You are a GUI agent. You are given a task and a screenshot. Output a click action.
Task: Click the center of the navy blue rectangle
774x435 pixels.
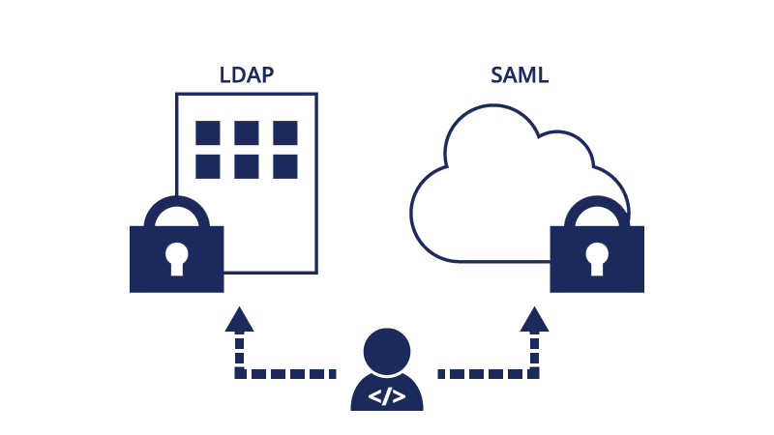pyautogui.click(x=387, y=238)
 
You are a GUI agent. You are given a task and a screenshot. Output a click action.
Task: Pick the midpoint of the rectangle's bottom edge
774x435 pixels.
pyautogui.click(x=387, y=409)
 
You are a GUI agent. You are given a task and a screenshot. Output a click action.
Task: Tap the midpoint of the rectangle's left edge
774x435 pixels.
pyautogui.click(x=131, y=238)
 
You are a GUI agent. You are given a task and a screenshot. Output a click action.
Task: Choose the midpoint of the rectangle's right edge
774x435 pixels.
pyautogui.click(x=642, y=238)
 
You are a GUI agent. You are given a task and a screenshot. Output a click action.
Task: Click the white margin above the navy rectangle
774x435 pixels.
pyautogui.click(x=387, y=32)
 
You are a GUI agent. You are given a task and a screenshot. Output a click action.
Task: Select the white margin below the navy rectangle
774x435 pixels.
pyautogui.click(x=387, y=423)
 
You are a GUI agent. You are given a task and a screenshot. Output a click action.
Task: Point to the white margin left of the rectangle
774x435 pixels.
pyautogui.click(x=64, y=238)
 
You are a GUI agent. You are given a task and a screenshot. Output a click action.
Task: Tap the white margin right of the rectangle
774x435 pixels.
pyautogui.click(x=708, y=238)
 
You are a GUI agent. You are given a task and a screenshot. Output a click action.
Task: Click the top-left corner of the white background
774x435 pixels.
pyautogui.click(x=1, y=1)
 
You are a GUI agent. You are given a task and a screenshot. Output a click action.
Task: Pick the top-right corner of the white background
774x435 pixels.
pyautogui.click(x=772, y=1)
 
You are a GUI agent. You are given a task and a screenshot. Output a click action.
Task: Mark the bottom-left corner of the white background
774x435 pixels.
pyautogui.click(x=1, y=433)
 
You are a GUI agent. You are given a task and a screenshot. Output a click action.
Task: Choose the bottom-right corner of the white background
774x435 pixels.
pyautogui.click(x=772, y=433)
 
